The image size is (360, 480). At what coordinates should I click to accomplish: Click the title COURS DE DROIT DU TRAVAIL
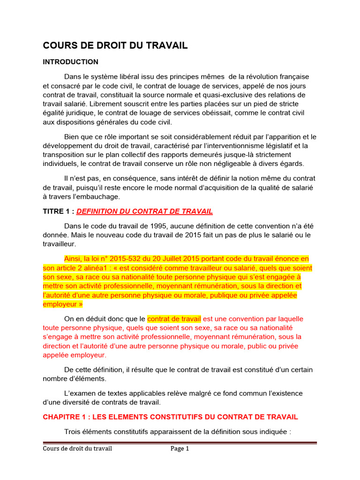(x=115, y=45)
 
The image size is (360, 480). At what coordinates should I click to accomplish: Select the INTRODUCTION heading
(x=71, y=62)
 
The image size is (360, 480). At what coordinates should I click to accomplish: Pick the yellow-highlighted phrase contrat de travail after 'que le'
(x=174, y=319)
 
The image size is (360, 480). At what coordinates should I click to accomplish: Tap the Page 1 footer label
(x=180, y=449)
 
